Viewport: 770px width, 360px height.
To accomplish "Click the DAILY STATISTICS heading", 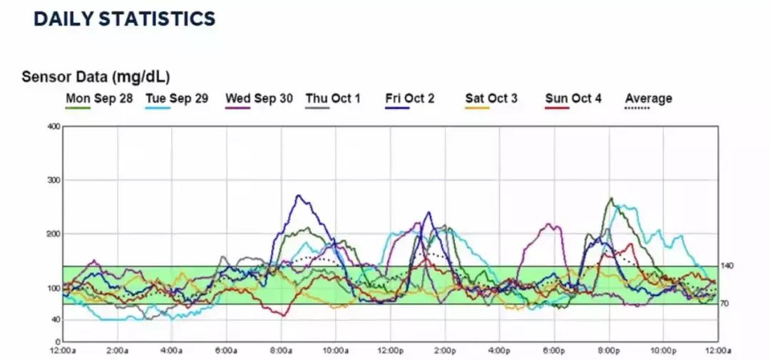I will coord(124,19).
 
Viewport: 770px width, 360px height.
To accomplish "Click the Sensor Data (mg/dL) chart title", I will coord(96,76).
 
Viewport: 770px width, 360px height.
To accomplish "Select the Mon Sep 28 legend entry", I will coord(99,98).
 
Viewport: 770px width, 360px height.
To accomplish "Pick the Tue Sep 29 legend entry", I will coord(177,98).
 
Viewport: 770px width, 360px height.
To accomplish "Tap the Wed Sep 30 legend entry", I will coord(259,98).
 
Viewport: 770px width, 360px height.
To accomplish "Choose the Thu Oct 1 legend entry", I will coord(333,98).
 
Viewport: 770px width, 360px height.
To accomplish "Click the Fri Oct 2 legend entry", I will coord(409,98).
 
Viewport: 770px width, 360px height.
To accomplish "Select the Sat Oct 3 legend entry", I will coord(491,98).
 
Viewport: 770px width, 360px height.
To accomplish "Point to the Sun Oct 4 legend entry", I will coord(573,98).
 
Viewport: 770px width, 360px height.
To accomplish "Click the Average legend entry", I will coord(648,98).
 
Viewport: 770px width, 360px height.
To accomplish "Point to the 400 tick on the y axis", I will coord(52,127).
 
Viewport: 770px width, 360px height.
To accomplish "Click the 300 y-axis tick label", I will coord(52,180).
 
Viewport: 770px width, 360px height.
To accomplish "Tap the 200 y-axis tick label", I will coord(52,234).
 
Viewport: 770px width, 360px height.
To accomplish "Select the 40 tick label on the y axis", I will coord(54,320).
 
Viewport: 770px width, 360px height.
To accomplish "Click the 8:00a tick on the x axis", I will coord(280,351).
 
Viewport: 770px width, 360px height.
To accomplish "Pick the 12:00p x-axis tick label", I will coord(390,351).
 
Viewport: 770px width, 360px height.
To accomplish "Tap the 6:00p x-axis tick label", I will coord(553,351).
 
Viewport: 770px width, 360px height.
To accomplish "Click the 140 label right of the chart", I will coord(727,266).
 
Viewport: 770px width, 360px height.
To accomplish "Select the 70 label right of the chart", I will coord(725,304).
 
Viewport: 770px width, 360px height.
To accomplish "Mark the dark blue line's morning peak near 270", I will coord(299,195).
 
